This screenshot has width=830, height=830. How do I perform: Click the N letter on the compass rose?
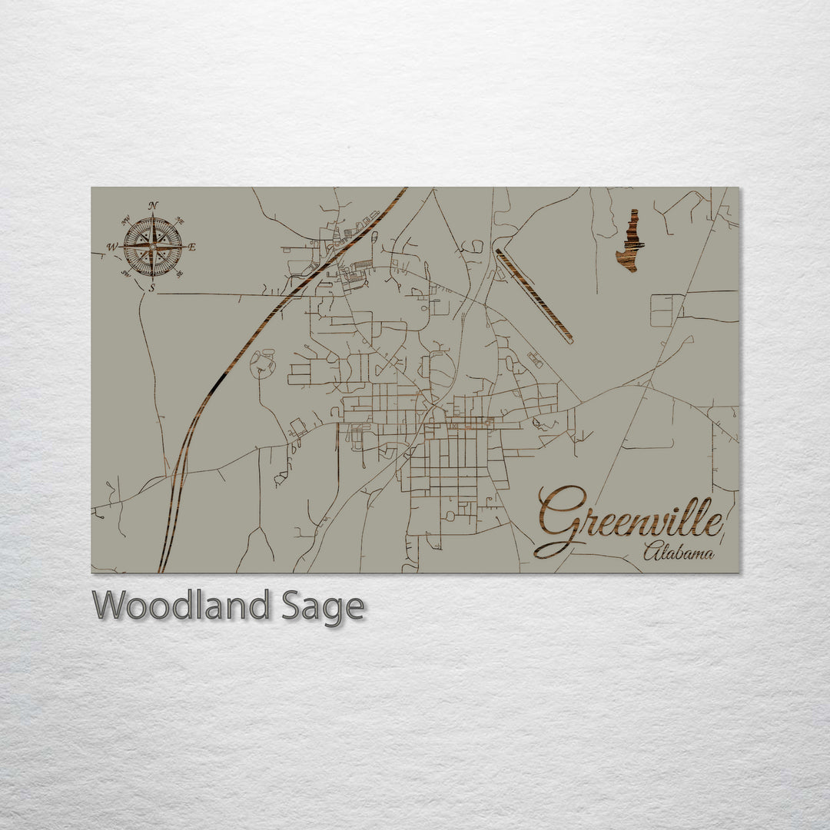point(153,205)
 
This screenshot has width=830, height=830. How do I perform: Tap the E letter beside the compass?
point(192,247)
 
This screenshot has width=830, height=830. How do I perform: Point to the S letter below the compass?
point(152,288)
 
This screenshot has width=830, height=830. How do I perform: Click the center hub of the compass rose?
point(152,247)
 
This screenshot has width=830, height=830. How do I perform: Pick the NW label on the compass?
point(125,219)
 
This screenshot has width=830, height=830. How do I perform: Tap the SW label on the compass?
point(125,274)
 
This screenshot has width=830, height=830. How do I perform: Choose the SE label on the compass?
point(180,274)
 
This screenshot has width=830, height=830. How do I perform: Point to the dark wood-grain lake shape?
point(630,242)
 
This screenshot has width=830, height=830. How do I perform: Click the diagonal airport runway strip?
point(534,295)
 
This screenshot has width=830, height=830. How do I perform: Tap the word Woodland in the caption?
point(181,606)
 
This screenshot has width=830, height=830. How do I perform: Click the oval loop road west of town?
point(263,364)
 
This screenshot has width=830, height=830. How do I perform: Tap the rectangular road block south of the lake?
point(666,310)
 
